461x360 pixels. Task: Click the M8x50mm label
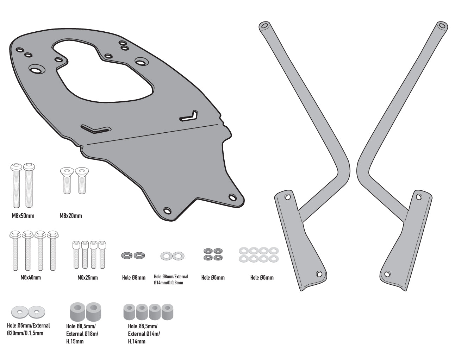(23, 215)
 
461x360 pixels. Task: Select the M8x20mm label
(71, 215)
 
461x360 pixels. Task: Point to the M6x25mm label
(87, 277)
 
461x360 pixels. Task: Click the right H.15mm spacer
(93, 311)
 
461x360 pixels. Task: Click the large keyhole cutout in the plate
(102, 70)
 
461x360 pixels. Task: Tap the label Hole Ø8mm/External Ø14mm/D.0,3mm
(171, 279)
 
